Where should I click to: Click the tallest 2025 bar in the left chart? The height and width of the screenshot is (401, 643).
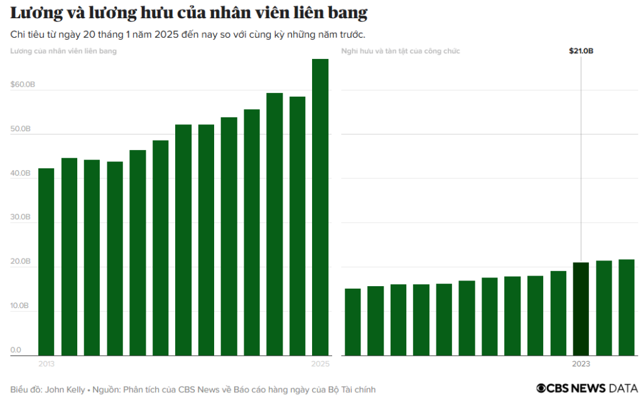point(320,207)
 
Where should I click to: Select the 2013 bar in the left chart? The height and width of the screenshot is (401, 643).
point(46,262)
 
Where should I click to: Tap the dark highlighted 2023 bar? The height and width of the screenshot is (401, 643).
point(581,309)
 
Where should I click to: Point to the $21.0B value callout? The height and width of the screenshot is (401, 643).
point(581,51)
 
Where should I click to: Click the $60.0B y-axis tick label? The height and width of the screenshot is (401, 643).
point(22,84)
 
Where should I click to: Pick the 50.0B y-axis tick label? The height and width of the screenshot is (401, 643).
point(21,129)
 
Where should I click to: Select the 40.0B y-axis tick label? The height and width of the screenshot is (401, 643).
point(21,173)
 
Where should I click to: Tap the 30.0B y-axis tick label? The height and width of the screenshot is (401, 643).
point(21,217)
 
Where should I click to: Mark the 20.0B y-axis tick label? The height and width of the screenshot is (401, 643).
point(21,261)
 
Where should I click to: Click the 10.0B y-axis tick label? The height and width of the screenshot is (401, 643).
point(21,306)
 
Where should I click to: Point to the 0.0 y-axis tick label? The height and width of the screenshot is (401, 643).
point(16,350)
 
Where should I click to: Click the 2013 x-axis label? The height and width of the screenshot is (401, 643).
point(46,363)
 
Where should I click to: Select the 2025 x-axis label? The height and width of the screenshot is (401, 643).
point(320,363)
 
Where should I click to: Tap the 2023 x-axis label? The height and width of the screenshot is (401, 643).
point(581,363)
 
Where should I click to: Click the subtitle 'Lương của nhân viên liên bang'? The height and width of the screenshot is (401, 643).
point(63,51)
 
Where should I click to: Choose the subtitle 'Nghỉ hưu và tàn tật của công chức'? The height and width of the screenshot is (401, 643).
point(400,51)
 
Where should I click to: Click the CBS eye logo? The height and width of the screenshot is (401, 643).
point(541,389)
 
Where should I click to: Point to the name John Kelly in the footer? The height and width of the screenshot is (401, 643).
point(65,390)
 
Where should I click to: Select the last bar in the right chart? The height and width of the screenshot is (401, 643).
point(626,307)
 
